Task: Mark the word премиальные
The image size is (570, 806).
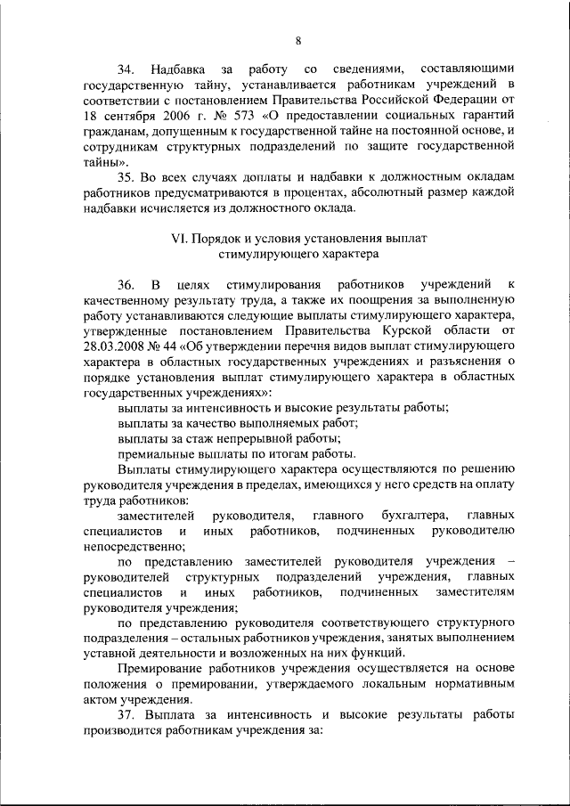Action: (155, 453)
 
